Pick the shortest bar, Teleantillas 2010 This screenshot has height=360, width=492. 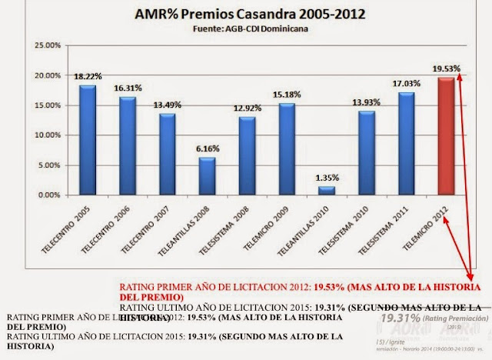coord(327,191)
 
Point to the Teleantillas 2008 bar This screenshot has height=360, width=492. coord(206,176)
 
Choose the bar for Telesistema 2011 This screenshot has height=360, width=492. coord(407,144)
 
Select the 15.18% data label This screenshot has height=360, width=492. coord(287,95)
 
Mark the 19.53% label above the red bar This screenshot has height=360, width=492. coord(446,68)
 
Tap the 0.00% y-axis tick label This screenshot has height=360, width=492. coord(45,195)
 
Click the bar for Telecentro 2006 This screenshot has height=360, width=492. coord(126,146)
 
